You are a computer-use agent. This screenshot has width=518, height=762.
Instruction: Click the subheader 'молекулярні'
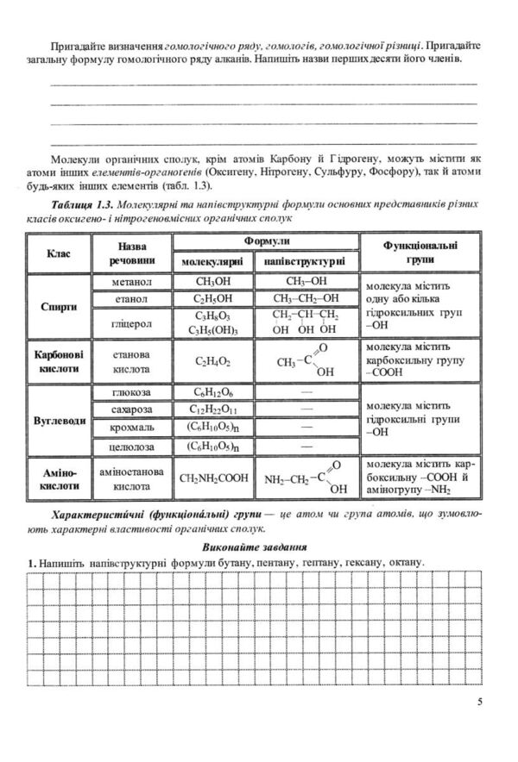point(212,262)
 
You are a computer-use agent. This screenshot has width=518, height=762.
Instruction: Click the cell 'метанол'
point(132,282)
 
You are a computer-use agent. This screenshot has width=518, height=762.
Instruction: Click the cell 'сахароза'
point(132,409)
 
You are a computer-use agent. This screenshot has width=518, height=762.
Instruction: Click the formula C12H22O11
point(212,409)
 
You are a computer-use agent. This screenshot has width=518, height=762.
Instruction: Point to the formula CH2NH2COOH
point(212,478)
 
